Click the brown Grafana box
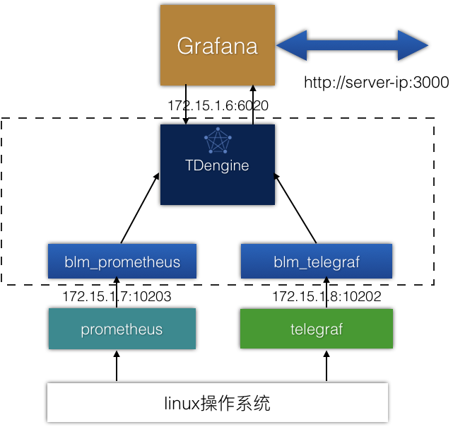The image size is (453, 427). point(218,45)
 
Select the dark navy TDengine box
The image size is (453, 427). point(218,165)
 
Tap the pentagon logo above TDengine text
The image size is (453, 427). point(218,141)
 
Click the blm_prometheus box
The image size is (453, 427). point(122,262)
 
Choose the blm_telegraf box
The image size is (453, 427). point(317,262)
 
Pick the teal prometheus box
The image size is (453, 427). point(122,329)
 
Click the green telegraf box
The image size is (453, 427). point(317,329)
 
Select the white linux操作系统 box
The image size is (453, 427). point(218,402)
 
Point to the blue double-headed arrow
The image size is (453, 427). point(352,45)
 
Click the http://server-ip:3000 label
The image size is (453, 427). point(377,83)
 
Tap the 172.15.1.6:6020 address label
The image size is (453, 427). point(218,105)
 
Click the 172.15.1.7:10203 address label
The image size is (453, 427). point(117,296)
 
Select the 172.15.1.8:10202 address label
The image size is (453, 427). point(326,296)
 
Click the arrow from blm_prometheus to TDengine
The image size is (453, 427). point(140,208)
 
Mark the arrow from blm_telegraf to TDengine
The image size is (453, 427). point(295,208)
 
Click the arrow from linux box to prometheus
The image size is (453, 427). point(117,366)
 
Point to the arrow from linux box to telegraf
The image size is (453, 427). point(326,366)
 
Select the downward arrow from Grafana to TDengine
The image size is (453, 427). point(186,105)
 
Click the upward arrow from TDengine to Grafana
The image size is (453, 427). point(253,105)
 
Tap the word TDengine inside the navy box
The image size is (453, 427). point(217,166)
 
